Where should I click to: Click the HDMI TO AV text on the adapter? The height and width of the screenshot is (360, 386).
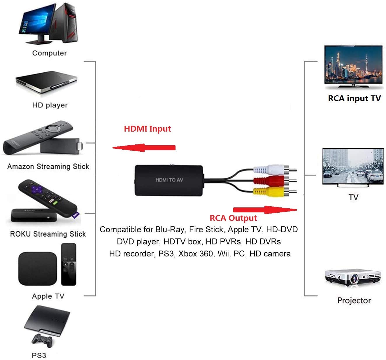[x=169, y=180]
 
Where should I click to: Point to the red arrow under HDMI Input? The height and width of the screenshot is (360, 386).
[x=144, y=148]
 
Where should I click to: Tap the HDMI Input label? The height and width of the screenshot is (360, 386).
[x=147, y=129]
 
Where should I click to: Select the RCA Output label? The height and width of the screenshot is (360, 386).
[x=233, y=218]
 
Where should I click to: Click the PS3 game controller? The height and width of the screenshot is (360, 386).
[x=42, y=340]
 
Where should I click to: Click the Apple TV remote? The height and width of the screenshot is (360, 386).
[x=69, y=264]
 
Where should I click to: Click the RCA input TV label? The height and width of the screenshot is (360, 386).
[x=354, y=98]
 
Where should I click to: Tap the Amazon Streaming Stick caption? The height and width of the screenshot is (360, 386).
[x=48, y=167]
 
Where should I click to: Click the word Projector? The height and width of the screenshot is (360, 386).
[x=354, y=300]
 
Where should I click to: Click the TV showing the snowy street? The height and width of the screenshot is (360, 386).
[x=353, y=166]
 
